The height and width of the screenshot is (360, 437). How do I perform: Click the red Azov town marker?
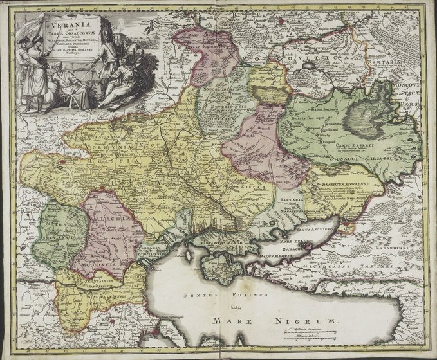(x=349, y=224)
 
